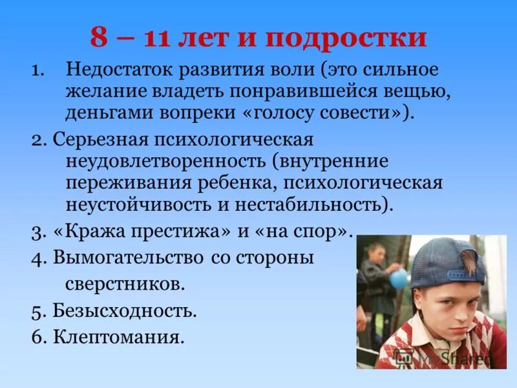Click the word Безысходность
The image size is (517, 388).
(125, 310)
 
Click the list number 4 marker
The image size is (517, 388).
(37, 257)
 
